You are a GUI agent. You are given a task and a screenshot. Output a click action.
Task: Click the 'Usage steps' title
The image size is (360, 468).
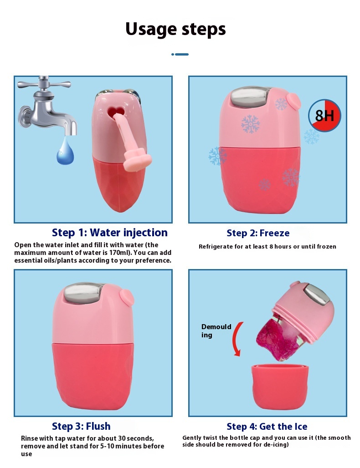point(175,29)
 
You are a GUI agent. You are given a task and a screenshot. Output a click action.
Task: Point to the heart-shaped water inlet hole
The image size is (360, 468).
point(116,112)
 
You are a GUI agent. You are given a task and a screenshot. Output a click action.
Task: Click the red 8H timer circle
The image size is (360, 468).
point(324,116)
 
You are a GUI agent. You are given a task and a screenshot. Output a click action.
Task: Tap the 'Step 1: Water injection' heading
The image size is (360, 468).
point(110,233)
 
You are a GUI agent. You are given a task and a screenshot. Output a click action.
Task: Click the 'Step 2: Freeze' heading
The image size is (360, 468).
point(258,233)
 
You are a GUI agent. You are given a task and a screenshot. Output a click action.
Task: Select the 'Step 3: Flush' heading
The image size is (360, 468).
point(81,426)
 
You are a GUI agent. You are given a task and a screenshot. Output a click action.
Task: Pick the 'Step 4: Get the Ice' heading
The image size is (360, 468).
point(267,427)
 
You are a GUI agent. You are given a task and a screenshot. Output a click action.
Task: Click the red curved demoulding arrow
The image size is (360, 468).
point(237,339)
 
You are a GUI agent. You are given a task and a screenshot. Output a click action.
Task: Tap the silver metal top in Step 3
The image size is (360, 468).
point(83,293)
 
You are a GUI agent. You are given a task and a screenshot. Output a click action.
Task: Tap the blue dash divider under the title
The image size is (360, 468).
point(180,54)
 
